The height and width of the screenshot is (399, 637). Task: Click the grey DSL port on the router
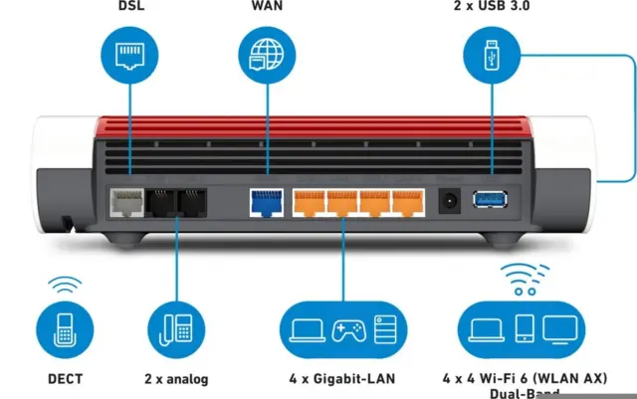(x=126, y=204)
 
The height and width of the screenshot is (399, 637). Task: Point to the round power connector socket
(x=449, y=199)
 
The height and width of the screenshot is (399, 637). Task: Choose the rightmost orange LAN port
(x=406, y=204)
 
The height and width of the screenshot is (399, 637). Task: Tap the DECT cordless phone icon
(x=66, y=329)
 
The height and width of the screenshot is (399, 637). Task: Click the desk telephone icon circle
(x=176, y=329)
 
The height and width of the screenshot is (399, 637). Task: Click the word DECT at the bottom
(x=66, y=378)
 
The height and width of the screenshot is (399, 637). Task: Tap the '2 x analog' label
(x=176, y=378)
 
